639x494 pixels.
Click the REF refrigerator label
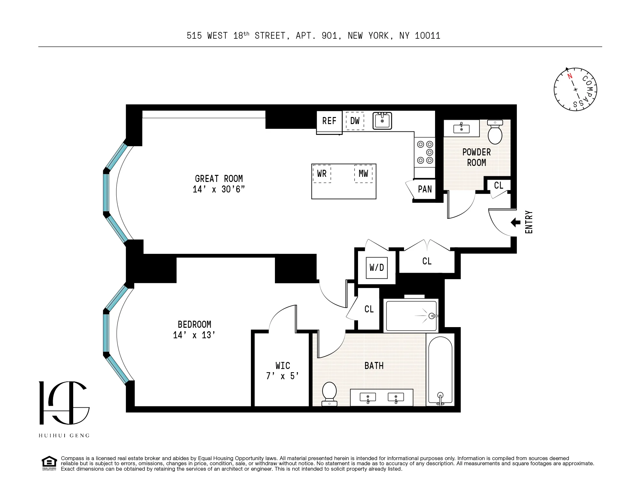(x=329, y=121)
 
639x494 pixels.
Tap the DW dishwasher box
(x=355, y=121)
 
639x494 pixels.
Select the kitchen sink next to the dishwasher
(x=382, y=121)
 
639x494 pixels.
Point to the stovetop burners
(x=425, y=152)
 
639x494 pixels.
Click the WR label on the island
(x=322, y=174)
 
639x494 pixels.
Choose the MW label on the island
(x=363, y=174)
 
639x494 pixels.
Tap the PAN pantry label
(x=425, y=189)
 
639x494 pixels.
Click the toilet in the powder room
(x=495, y=132)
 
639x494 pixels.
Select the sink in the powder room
(x=461, y=129)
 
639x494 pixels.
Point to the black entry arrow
(x=515, y=222)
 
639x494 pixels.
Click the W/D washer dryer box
(x=377, y=268)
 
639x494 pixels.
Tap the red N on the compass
(x=570, y=76)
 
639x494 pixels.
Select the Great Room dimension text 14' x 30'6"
(x=219, y=189)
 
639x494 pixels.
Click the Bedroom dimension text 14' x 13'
(x=194, y=335)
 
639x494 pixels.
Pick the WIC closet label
(x=283, y=365)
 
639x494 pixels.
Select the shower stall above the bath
(x=411, y=316)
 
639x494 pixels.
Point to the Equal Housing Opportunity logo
(x=49, y=463)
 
